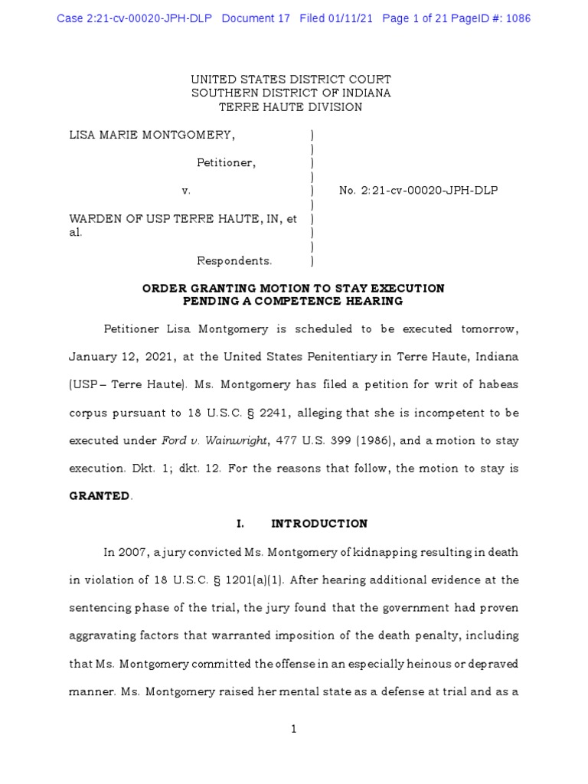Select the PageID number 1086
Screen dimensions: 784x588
coord(514,18)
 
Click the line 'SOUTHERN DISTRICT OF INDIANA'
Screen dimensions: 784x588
coord(291,93)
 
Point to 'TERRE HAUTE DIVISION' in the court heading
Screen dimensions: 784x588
coord(291,107)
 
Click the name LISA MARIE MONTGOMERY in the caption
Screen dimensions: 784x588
coord(152,136)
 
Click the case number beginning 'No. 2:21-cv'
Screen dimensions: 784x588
coord(418,190)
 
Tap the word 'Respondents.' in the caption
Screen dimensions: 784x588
coord(234,261)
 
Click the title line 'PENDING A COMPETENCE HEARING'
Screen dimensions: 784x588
coord(293,301)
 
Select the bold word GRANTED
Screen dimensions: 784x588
coord(100,495)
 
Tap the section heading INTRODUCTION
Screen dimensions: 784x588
coord(319,524)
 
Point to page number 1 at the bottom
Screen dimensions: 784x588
coord(293,730)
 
